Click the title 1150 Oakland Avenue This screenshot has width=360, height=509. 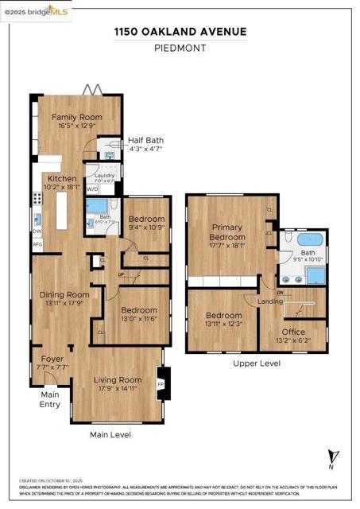[x=180, y=32]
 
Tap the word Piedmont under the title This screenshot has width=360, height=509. [x=180, y=48]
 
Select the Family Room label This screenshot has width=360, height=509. [x=73, y=117]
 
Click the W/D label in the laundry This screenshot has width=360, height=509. [x=92, y=189]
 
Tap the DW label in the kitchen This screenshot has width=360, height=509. [x=37, y=231]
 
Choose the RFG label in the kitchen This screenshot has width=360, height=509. [x=37, y=245]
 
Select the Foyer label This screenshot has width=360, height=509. [x=51, y=359]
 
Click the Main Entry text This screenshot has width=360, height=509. [x=50, y=399]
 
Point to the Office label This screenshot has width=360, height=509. [x=292, y=332]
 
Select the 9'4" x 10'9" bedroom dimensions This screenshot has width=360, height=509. [x=146, y=227]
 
